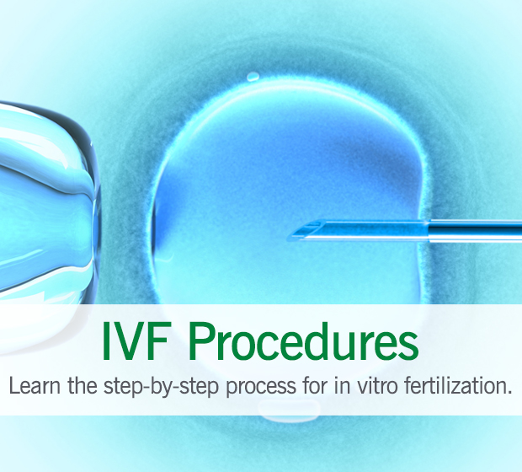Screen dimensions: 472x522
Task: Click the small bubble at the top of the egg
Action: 253,77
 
